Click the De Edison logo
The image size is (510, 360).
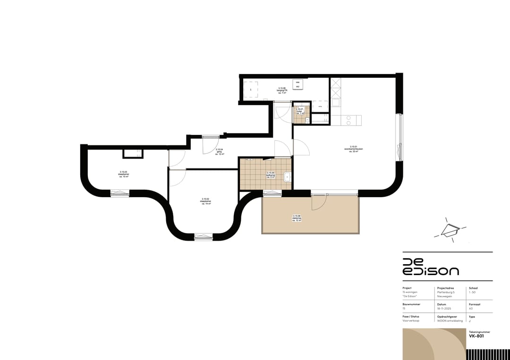click(430, 267)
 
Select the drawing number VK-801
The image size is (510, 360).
click(476, 336)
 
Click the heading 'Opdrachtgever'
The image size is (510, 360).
click(448, 316)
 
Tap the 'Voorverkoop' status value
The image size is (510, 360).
click(411, 321)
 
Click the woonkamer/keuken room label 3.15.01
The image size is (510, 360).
click(353, 149)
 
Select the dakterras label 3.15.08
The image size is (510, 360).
click(297, 218)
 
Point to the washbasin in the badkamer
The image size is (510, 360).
click(287, 177)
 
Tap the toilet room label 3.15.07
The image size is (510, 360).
click(299, 111)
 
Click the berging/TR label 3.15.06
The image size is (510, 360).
click(282, 91)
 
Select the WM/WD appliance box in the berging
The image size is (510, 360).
click(297, 84)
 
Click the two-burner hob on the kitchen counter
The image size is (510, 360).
click(348, 120)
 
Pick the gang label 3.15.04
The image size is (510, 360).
click(219, 151)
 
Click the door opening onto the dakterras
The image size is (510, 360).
click(318, 202)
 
